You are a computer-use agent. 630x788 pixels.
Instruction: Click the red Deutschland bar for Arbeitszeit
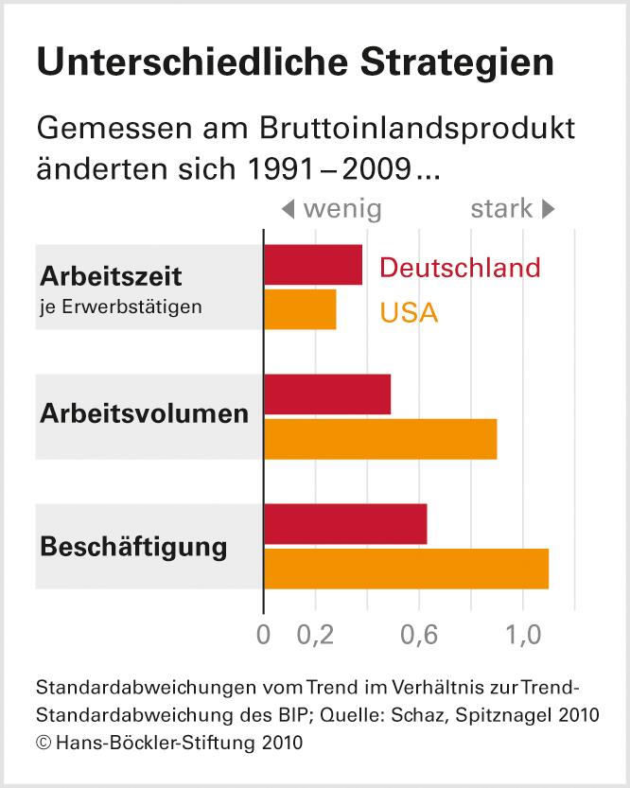coord(312,265)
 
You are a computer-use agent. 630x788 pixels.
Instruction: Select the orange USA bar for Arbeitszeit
coord(300,309)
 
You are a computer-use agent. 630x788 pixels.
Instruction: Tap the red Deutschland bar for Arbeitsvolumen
coord(326,394)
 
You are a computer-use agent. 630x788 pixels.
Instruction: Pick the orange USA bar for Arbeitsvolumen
coord(379,439)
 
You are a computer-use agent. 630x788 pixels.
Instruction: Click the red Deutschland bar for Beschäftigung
coord(344,524)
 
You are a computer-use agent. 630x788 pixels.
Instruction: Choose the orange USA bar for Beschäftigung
coord(406,569)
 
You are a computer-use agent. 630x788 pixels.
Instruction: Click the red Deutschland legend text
coord(460,268)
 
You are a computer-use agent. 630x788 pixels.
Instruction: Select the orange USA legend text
coord(409,312)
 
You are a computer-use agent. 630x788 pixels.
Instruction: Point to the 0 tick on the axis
coord(263,636)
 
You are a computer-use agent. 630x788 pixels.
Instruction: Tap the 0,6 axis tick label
coord(418,636)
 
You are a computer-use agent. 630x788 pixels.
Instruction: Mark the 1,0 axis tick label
coord(522,636)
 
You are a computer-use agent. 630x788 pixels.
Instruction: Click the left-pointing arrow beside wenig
coord(289,208)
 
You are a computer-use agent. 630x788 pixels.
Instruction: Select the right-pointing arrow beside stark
coord(548,208)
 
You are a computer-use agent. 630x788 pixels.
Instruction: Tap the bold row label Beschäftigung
coord(133,547)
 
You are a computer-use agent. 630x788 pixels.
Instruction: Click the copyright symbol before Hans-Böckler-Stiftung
coord(43,744)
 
